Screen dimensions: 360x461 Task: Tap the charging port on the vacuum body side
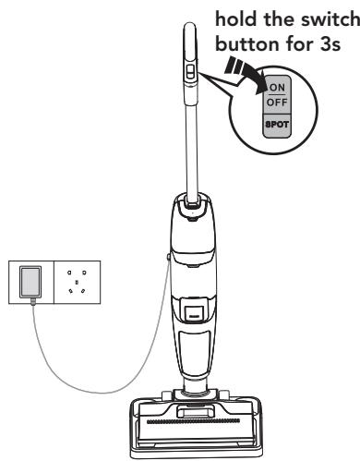[166, 251]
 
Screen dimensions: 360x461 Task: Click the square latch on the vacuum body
[194, 307]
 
